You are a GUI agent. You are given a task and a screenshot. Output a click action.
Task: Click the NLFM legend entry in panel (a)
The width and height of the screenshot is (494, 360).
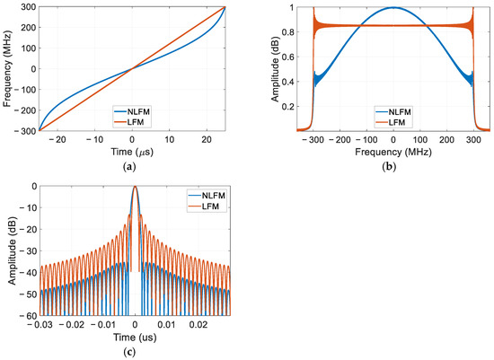coord(132,111)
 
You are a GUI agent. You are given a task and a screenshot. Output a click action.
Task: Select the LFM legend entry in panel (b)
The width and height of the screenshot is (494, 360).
coord(390,122)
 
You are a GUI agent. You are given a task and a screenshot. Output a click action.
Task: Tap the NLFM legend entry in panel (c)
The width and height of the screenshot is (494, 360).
coord(207,196)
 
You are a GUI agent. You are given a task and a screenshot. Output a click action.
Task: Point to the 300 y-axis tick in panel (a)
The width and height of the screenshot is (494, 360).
coord(29,7)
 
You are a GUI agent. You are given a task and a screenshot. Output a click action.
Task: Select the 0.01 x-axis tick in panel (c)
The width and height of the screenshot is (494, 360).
coord(167,324)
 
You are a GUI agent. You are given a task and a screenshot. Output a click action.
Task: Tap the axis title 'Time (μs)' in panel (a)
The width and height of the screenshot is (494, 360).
coord(132,152)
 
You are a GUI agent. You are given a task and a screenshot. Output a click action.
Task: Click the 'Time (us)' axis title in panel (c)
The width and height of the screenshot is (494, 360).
coord(135,338)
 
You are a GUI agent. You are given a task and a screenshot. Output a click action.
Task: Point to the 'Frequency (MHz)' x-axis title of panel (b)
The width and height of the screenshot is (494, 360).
coord(393,152)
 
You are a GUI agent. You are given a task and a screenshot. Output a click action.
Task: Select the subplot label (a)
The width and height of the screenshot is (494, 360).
coord(129,166)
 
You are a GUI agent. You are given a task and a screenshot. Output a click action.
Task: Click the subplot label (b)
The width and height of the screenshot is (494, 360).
coord(390,166)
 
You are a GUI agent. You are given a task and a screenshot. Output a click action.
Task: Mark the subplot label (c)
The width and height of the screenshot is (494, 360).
coord(129,352)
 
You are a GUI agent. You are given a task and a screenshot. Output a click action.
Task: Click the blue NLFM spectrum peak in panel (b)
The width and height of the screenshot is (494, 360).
coord(393,7)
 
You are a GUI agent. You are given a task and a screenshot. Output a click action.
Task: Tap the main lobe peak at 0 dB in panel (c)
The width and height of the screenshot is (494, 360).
coord(135,187)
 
